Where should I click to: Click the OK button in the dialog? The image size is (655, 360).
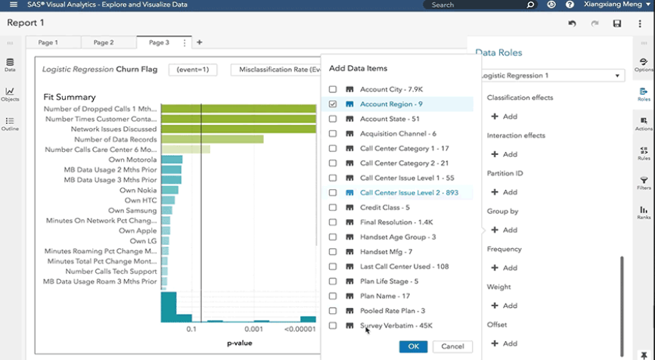(413, 346)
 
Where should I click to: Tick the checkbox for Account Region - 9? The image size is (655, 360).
(333, 104)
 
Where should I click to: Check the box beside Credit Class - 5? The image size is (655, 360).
(333, 207)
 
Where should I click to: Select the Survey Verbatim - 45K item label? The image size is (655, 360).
(396, 326)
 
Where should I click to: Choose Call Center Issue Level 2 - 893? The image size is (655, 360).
(408, 193)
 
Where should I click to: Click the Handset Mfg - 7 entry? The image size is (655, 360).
(386, 252)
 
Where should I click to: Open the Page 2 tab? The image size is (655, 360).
(104, 43)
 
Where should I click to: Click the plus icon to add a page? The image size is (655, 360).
(200, 43)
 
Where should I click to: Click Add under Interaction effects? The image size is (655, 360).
(504, 154)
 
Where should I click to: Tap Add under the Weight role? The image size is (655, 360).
(504, 306)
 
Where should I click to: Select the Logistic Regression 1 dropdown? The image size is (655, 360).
(551, 76)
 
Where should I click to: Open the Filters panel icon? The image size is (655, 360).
(644, 182)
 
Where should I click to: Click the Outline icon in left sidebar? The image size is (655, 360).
(10, 123)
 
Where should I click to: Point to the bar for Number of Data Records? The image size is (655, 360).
(212, 139)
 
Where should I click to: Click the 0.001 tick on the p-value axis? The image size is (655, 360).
(253, 330)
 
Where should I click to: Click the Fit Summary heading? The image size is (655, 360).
(70, 97)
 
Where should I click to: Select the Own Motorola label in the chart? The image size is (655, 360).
(132, 160)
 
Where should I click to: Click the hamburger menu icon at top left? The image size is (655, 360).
(13, 5)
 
